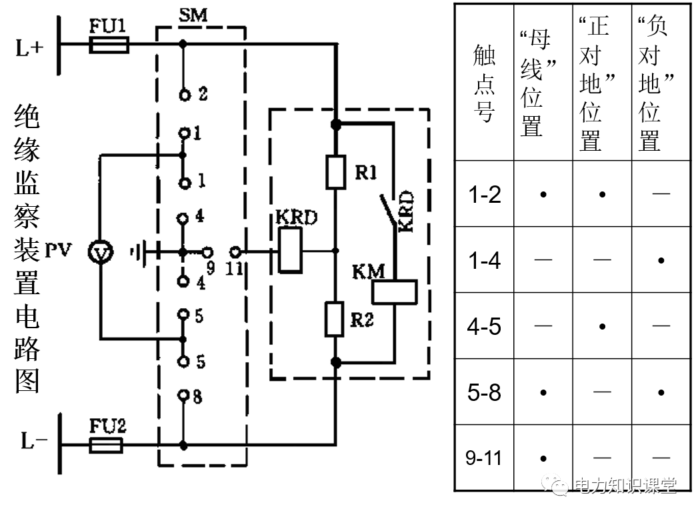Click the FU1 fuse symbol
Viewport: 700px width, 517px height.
[x=109, y=45]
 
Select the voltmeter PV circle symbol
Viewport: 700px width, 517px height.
[x=101, y=252]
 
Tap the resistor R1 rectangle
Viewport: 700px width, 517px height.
[x=335, y=171]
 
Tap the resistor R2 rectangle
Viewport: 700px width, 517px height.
[x=335, y=319]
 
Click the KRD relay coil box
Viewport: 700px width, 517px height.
[x=290, y=251]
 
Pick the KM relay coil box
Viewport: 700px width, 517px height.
[x=394, y=292]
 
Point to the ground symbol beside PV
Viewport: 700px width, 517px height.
[x=137, y=252]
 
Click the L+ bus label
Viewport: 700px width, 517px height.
[x=31, y=48]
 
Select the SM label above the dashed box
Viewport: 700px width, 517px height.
[x=193, y=15]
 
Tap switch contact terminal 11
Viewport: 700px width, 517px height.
[x=234, y=252]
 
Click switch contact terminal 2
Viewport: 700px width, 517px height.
[x=184, y=95]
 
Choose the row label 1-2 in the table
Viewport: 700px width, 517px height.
[x=484, y=194]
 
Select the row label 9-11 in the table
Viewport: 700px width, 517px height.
[x=484, y=458]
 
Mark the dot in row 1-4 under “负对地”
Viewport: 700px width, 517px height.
[x=661, y=260]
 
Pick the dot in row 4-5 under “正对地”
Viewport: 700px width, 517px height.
[x=602, y=326]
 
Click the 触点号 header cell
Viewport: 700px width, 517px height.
[x=484, y=83]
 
